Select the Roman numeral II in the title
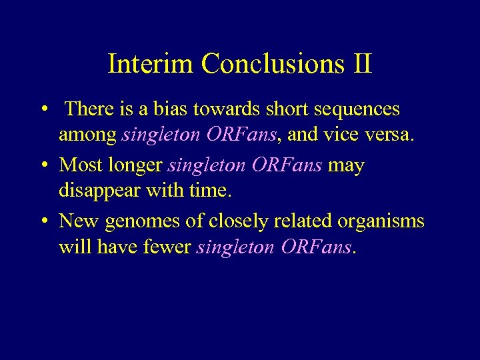click(x=361, y=64)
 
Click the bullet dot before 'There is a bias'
click(x=43, y=109)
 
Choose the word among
click(x=88, y=135)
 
